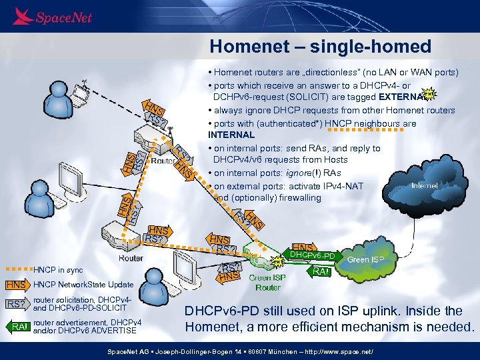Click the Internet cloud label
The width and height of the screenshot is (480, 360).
coord(425,185)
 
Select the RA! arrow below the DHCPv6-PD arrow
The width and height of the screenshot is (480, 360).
coord(318,271)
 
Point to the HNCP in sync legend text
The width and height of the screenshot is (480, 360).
coord(58,270)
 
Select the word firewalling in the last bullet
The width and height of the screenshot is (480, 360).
coord(279,198)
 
